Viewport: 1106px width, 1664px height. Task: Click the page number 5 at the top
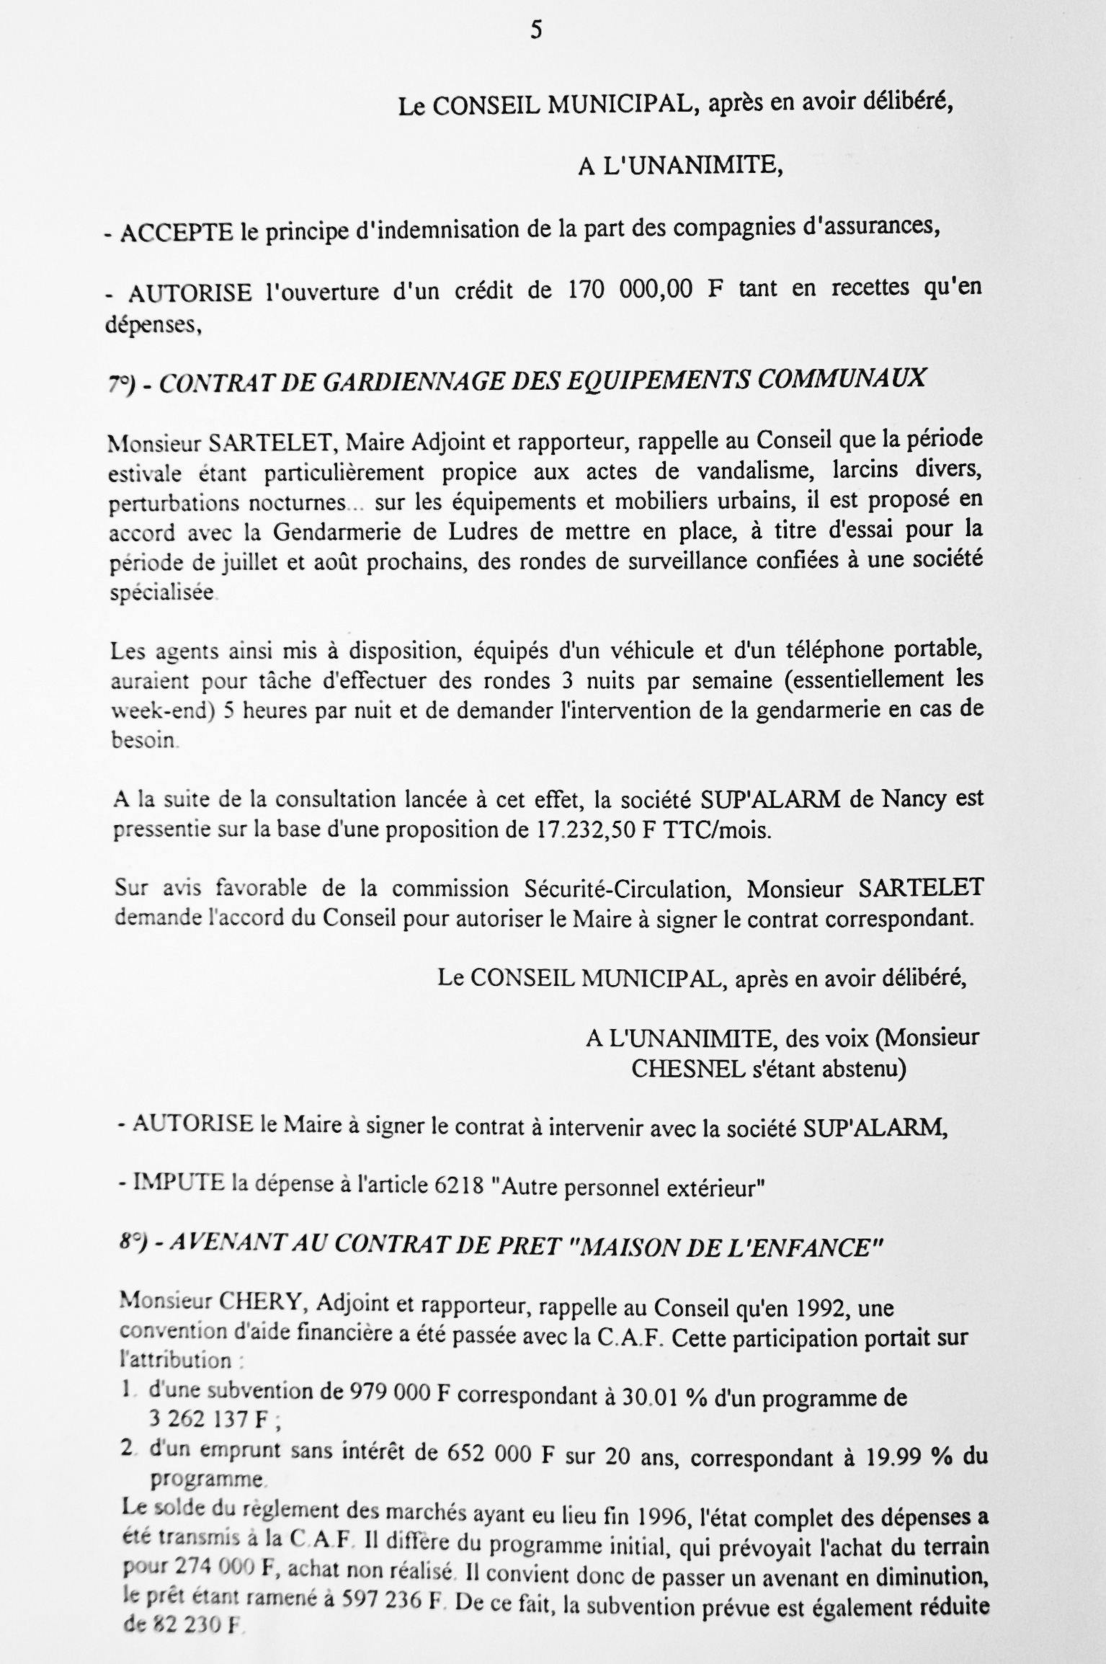pyautogui.click(x=536, y=30)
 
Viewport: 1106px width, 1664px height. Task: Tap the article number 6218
pyautogui.click(x=459, y=1186)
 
